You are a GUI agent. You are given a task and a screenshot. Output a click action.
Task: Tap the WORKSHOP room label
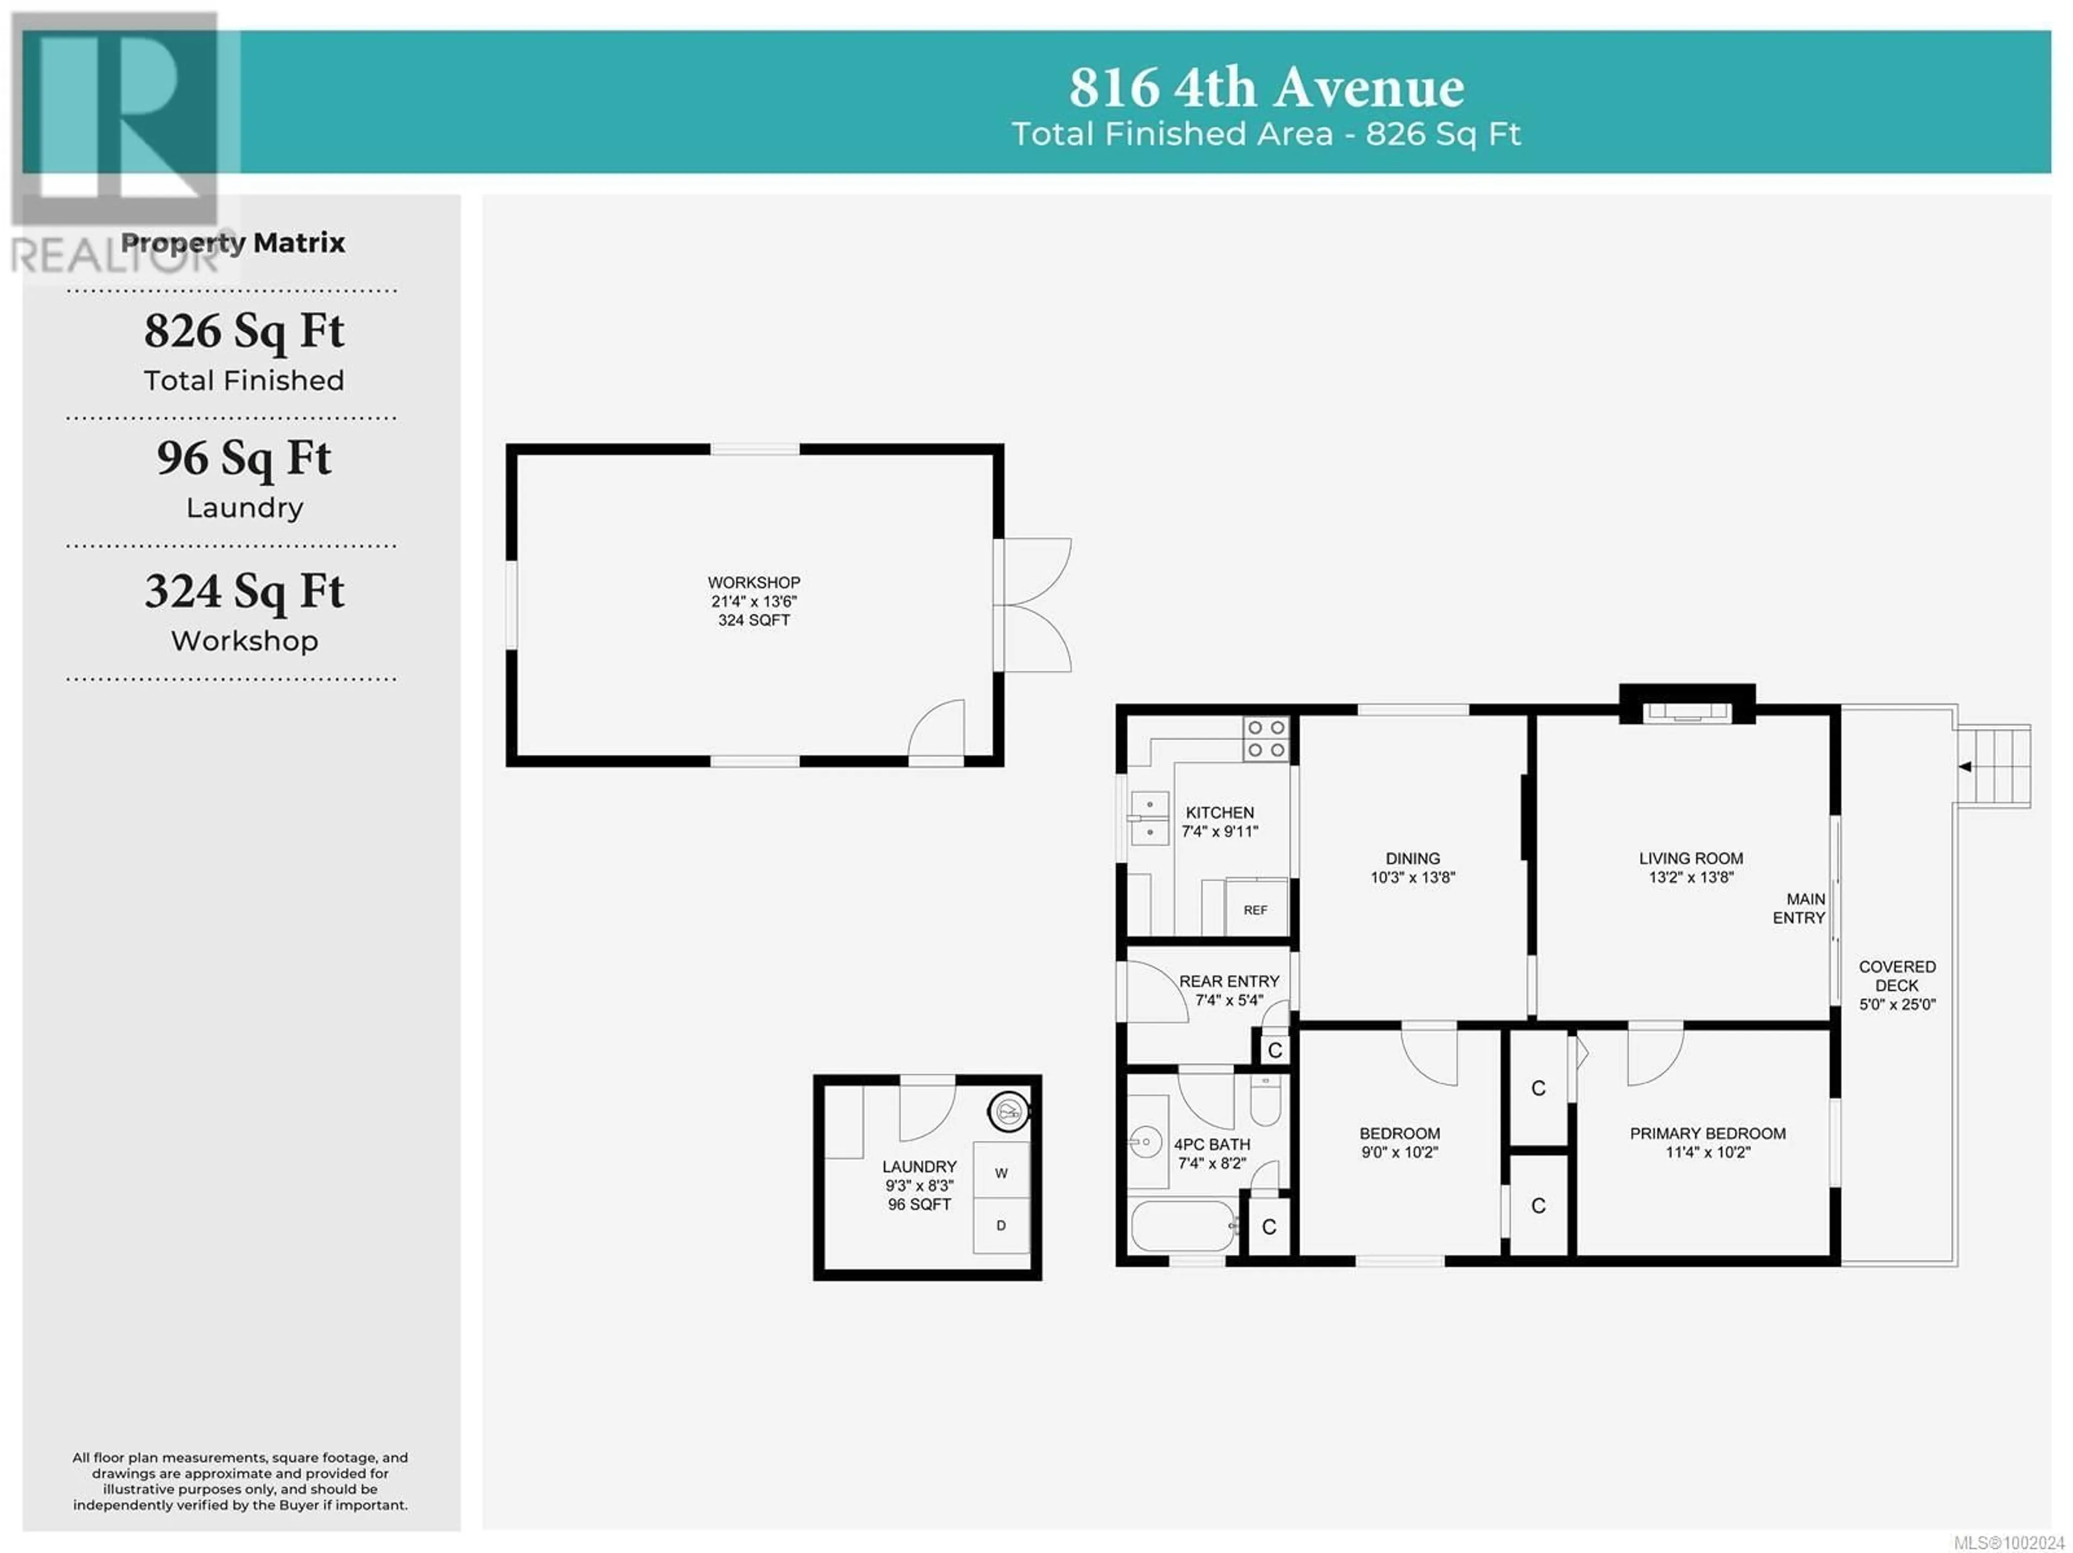754,583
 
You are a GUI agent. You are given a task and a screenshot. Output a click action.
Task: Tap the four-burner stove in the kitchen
1266,739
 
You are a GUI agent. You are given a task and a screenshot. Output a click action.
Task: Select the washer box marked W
1001,1173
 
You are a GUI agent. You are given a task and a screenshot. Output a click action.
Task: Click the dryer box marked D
1001,1225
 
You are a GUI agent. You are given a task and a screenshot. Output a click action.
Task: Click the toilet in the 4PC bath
1265,1100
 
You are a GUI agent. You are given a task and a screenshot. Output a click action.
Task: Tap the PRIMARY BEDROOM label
1708,1133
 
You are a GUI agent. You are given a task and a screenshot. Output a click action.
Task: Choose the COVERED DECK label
1897,975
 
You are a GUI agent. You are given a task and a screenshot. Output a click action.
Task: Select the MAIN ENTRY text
1798,908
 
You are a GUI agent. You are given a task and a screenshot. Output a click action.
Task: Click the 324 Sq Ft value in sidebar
245,592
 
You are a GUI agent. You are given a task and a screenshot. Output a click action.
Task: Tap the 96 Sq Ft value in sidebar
245,459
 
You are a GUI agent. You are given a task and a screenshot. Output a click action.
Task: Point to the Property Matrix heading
233,243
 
